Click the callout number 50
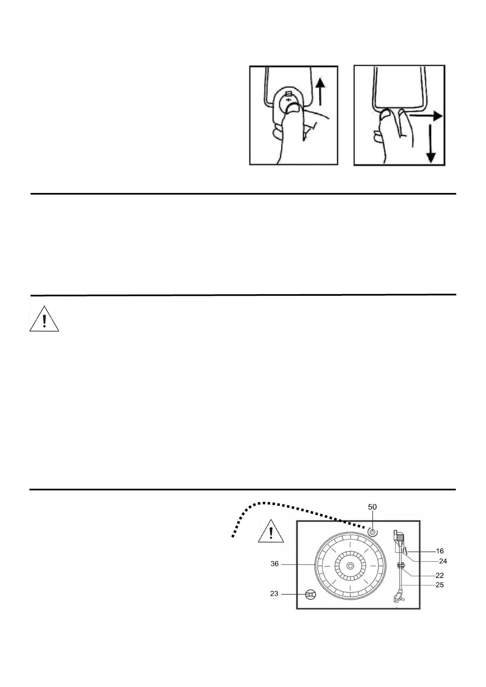[x=372, y=507]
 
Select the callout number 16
[x=439, y=551]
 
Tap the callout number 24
[x=443, y=561]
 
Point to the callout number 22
[x=439, y=575]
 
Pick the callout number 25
[x=439, y=585]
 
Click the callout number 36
[x=275, y=564]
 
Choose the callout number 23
[x=274, y=594]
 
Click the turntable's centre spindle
[x=350, y=566]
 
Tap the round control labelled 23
[x=311, y=595]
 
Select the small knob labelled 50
[x=372, y=532]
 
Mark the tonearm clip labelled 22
[x=400, y=565]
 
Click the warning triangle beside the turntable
[x=271, y=532]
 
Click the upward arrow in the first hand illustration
[x=321, y=92]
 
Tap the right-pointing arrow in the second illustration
[x=427, y=116]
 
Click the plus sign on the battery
[x=289, y=100]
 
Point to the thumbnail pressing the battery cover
[x=293, y=107]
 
